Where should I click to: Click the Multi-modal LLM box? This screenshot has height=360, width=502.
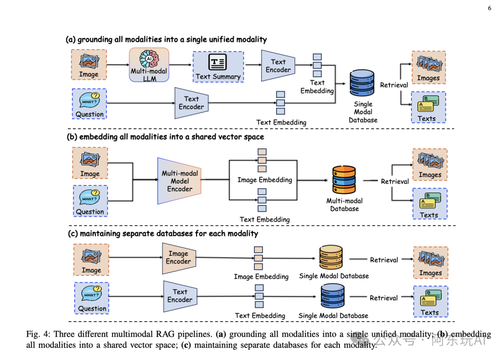149,65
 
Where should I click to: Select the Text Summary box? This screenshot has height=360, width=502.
218,67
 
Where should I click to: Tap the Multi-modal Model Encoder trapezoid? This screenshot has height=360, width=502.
179,181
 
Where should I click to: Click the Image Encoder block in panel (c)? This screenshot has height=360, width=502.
179,258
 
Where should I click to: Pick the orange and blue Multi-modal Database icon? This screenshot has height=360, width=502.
344,180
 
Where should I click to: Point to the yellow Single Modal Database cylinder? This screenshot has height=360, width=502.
331,257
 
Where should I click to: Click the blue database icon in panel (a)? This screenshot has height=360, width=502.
362,83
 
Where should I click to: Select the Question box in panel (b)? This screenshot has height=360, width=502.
90,201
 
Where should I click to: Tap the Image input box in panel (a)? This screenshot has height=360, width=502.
89,64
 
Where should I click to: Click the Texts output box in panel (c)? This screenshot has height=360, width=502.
430,301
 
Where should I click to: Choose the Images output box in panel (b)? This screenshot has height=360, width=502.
430,165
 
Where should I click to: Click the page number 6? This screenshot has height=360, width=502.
489,8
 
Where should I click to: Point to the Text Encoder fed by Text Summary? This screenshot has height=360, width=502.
278,66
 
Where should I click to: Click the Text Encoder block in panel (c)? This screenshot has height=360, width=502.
180,296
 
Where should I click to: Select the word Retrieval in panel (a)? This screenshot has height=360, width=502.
394,85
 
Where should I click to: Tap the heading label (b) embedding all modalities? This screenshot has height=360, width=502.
165,137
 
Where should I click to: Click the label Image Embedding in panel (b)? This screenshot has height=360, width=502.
265,180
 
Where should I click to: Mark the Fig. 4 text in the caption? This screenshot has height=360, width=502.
38,334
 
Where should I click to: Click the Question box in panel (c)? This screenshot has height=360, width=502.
92,298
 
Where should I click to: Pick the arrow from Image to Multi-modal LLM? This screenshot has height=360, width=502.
118,65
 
